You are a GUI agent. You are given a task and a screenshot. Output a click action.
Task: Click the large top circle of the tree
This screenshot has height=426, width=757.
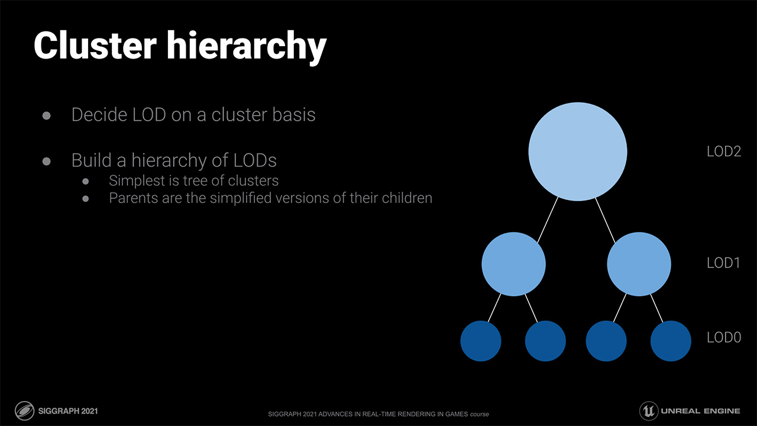tap(578, 152)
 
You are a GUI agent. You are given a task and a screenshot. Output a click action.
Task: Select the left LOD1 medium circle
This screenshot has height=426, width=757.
tap(514, 264)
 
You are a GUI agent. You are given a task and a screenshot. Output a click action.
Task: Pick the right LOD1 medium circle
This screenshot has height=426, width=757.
tap(639, 264)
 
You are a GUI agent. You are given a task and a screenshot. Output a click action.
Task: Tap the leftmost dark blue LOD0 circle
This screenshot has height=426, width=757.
tap(481, 341)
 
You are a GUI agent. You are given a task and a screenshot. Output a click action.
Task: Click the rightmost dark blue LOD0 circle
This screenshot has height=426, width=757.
tap(671, 341)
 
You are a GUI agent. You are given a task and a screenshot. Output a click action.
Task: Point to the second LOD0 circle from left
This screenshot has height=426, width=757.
tap(545, 341)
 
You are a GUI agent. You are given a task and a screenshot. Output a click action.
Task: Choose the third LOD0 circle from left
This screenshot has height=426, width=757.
tap(606, 341)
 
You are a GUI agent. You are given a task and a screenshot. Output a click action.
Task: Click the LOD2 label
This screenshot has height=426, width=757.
tap(724, 151)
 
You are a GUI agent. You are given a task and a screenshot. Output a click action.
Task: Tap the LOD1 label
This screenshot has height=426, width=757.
tap(723, 263)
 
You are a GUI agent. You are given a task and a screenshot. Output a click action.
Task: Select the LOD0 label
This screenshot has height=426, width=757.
tap(724, 337)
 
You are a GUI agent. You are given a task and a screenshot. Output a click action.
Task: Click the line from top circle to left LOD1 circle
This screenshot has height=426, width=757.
tap(548, 220)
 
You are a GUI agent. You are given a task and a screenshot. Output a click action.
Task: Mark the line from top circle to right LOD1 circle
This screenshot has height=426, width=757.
tap(605, 220)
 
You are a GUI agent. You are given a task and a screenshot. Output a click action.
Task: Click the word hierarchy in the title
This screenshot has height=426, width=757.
tap(246, 47)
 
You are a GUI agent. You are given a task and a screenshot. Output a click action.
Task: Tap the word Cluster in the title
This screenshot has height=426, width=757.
tap(95, 46)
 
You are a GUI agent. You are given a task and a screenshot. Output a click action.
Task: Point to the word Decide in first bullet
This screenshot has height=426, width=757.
tap(99, 115)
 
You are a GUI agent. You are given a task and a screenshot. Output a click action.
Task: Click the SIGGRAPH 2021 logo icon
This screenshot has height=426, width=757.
tap(25, 411)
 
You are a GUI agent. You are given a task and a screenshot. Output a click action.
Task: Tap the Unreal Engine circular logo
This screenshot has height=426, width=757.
tap(649, 411)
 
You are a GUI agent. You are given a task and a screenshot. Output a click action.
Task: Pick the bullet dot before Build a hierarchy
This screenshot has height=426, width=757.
tap(47, 162)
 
